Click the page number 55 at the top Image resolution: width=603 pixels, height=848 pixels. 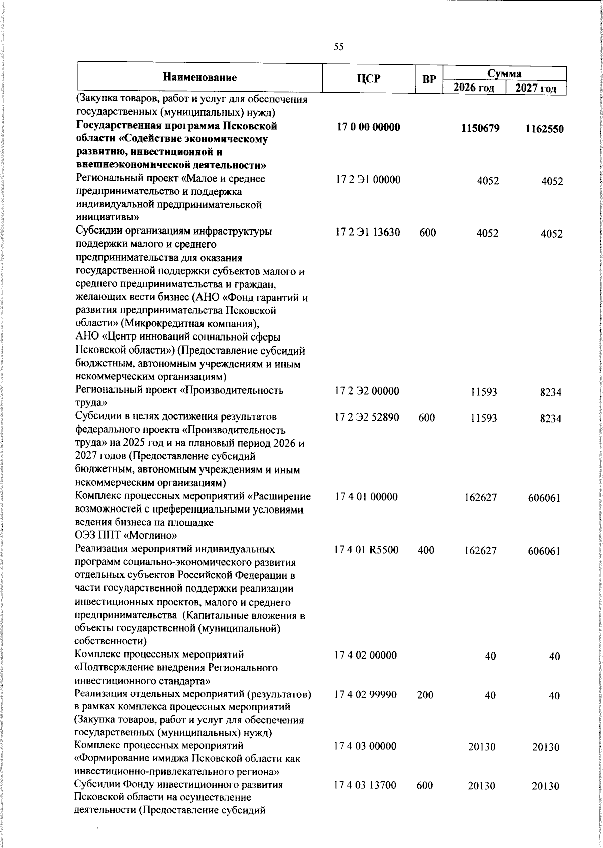[x=339, y=47]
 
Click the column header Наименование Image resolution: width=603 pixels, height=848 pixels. [x=199, y=77]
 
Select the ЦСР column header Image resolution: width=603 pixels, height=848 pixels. [x=368, y=78]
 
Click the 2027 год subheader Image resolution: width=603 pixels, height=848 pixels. [x=536, y=89]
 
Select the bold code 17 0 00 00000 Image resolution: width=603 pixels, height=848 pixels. [x=368, y=127]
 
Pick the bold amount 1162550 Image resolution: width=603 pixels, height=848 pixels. [x=544, y=129]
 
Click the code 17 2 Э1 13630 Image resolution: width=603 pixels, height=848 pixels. [x=368, y=232]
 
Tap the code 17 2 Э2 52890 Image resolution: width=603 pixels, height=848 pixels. [x=368, y=417]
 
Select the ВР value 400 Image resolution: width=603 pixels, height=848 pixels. [x=426, y=550]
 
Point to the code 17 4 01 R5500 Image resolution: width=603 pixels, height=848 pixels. [x=367, y=550]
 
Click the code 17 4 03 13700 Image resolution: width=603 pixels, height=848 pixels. [x=366, y=785]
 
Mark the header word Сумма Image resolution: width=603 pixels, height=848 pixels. [x=505, y=74]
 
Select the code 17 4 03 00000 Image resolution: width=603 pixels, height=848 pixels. [x=366, y=746]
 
